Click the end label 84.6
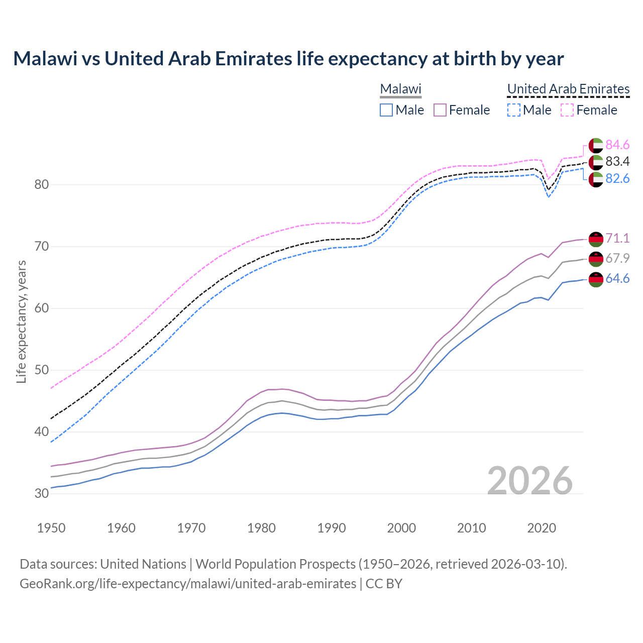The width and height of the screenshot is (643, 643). (x=617, y=145)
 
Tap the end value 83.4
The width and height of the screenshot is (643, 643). (x=617, y=162)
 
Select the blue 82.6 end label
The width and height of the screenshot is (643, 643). (x=617, y=179)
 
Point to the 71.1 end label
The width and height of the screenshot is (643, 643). (x=617, y=238)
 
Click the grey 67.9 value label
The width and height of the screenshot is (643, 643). (x=617, y=258)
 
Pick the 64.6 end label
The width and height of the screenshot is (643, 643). (x=617, y=279)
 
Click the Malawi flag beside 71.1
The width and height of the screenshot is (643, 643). (x=596, y=239)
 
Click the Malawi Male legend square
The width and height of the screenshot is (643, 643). (x=386, y=110)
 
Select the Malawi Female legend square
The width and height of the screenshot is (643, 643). (x=440, y=110)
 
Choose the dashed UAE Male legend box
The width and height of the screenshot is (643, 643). (x=513, y=110)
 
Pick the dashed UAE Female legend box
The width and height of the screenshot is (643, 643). (x=567, y=110)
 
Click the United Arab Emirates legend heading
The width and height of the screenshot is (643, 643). (x=568, y=89)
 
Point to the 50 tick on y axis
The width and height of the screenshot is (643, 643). (x=42, y=370)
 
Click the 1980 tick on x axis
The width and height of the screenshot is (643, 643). (x=261, y=528)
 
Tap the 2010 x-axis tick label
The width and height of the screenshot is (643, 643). (x=471, y=528)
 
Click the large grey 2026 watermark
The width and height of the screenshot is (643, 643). (x=530, y=481)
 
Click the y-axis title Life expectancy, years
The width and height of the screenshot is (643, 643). (x=21, y=321)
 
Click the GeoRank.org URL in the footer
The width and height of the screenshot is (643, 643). (x=188, y=584)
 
